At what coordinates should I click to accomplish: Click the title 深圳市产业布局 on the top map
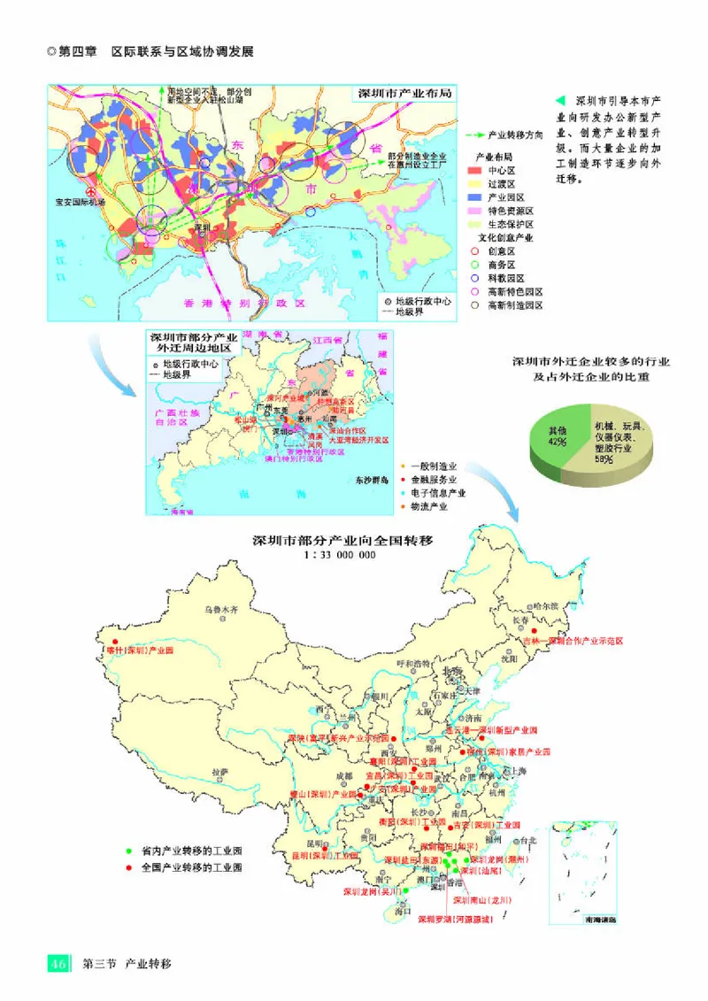click(x=404, y=94)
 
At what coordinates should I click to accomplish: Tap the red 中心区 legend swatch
click(x=473, y=169)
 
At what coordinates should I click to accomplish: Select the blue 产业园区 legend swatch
click(x=473, y=196)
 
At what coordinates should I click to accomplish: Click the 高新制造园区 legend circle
click(x=473, y=304)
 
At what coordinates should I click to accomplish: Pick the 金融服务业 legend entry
click(x=434, y=479)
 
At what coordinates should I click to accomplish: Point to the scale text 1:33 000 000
click(x=339, y=555)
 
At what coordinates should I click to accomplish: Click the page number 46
click(x=58, y=963)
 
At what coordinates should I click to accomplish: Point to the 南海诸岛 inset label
click(x=581, y=920)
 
